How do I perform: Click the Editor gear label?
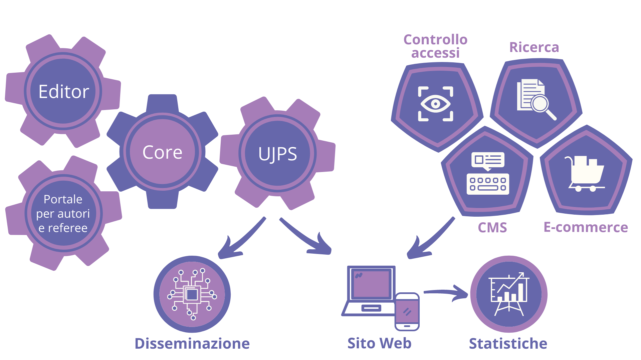point(63,92)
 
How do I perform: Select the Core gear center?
point(162,152)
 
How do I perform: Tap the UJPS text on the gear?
point(277,154)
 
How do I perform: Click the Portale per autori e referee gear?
point(63,213)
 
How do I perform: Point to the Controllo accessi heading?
point(435,46)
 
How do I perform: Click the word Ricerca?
point(534,47)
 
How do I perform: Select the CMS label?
point(492,228)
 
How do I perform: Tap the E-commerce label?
point(586,227)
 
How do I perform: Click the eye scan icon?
point(435,104)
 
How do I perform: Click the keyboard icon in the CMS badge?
point(488,184)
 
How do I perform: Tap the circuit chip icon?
point(192,294)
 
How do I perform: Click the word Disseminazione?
point(192,344)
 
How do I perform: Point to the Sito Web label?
point(379,343)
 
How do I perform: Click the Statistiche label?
point(508,344)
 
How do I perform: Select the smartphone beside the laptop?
point(407,312)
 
